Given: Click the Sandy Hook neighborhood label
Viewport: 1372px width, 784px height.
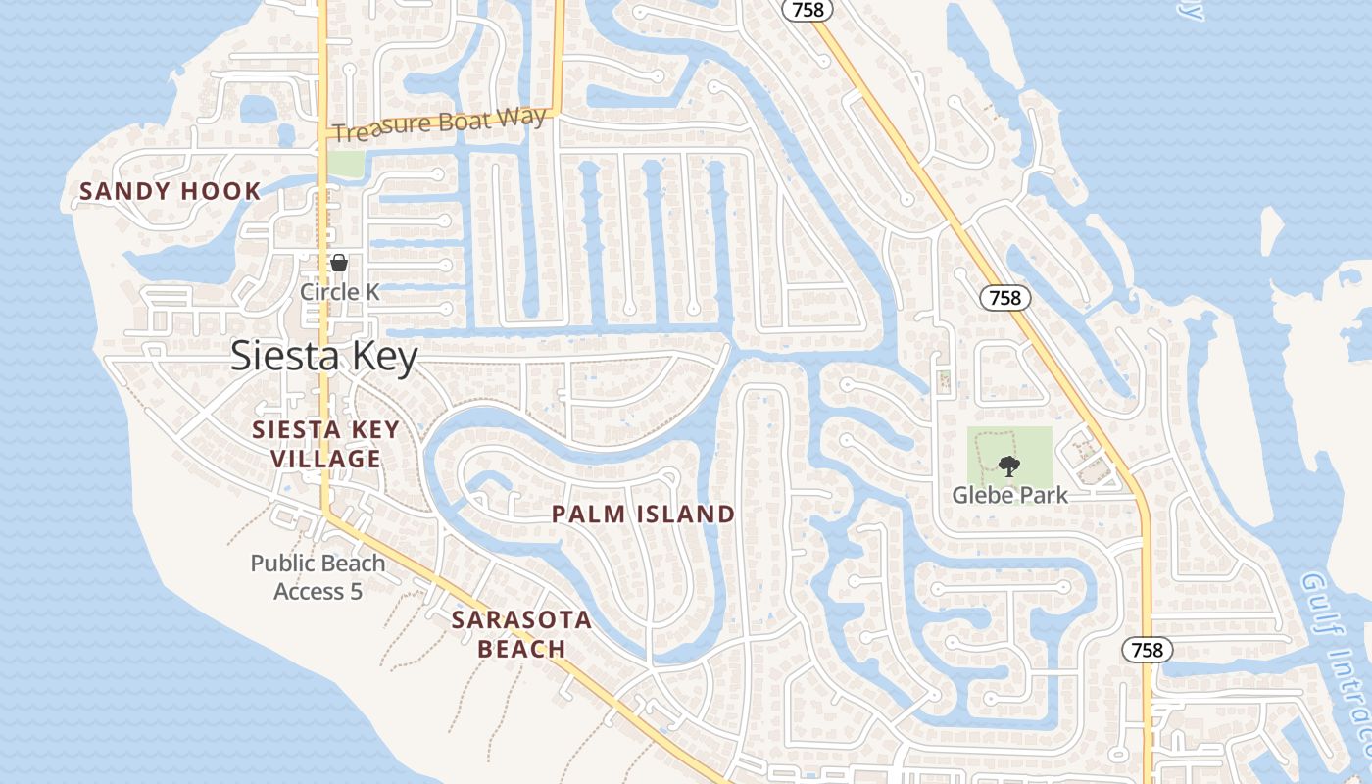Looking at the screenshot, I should [170, 191].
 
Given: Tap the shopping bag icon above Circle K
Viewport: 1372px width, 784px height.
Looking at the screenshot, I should [339, 263].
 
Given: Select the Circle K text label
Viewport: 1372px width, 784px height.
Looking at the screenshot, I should [339, 292].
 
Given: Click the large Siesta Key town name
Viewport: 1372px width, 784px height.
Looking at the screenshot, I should [324, 356].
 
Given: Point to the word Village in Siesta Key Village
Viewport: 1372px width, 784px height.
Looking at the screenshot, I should [325, 459].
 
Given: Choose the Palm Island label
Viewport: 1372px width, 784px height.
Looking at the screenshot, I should [643, 514].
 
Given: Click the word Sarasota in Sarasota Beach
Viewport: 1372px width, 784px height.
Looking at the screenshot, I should [521, 619].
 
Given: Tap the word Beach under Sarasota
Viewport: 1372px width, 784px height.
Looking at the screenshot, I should [521, 649].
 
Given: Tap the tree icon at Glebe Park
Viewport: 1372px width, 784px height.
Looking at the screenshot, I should [1007, 466].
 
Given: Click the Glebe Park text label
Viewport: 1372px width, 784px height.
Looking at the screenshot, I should [1009, 494].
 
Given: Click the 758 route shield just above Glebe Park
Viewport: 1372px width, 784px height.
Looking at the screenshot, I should [1005, 298].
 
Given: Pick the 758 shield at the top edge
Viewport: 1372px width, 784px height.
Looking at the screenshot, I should [808, 10].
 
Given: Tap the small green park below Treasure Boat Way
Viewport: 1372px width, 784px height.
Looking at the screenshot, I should [344, 163].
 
